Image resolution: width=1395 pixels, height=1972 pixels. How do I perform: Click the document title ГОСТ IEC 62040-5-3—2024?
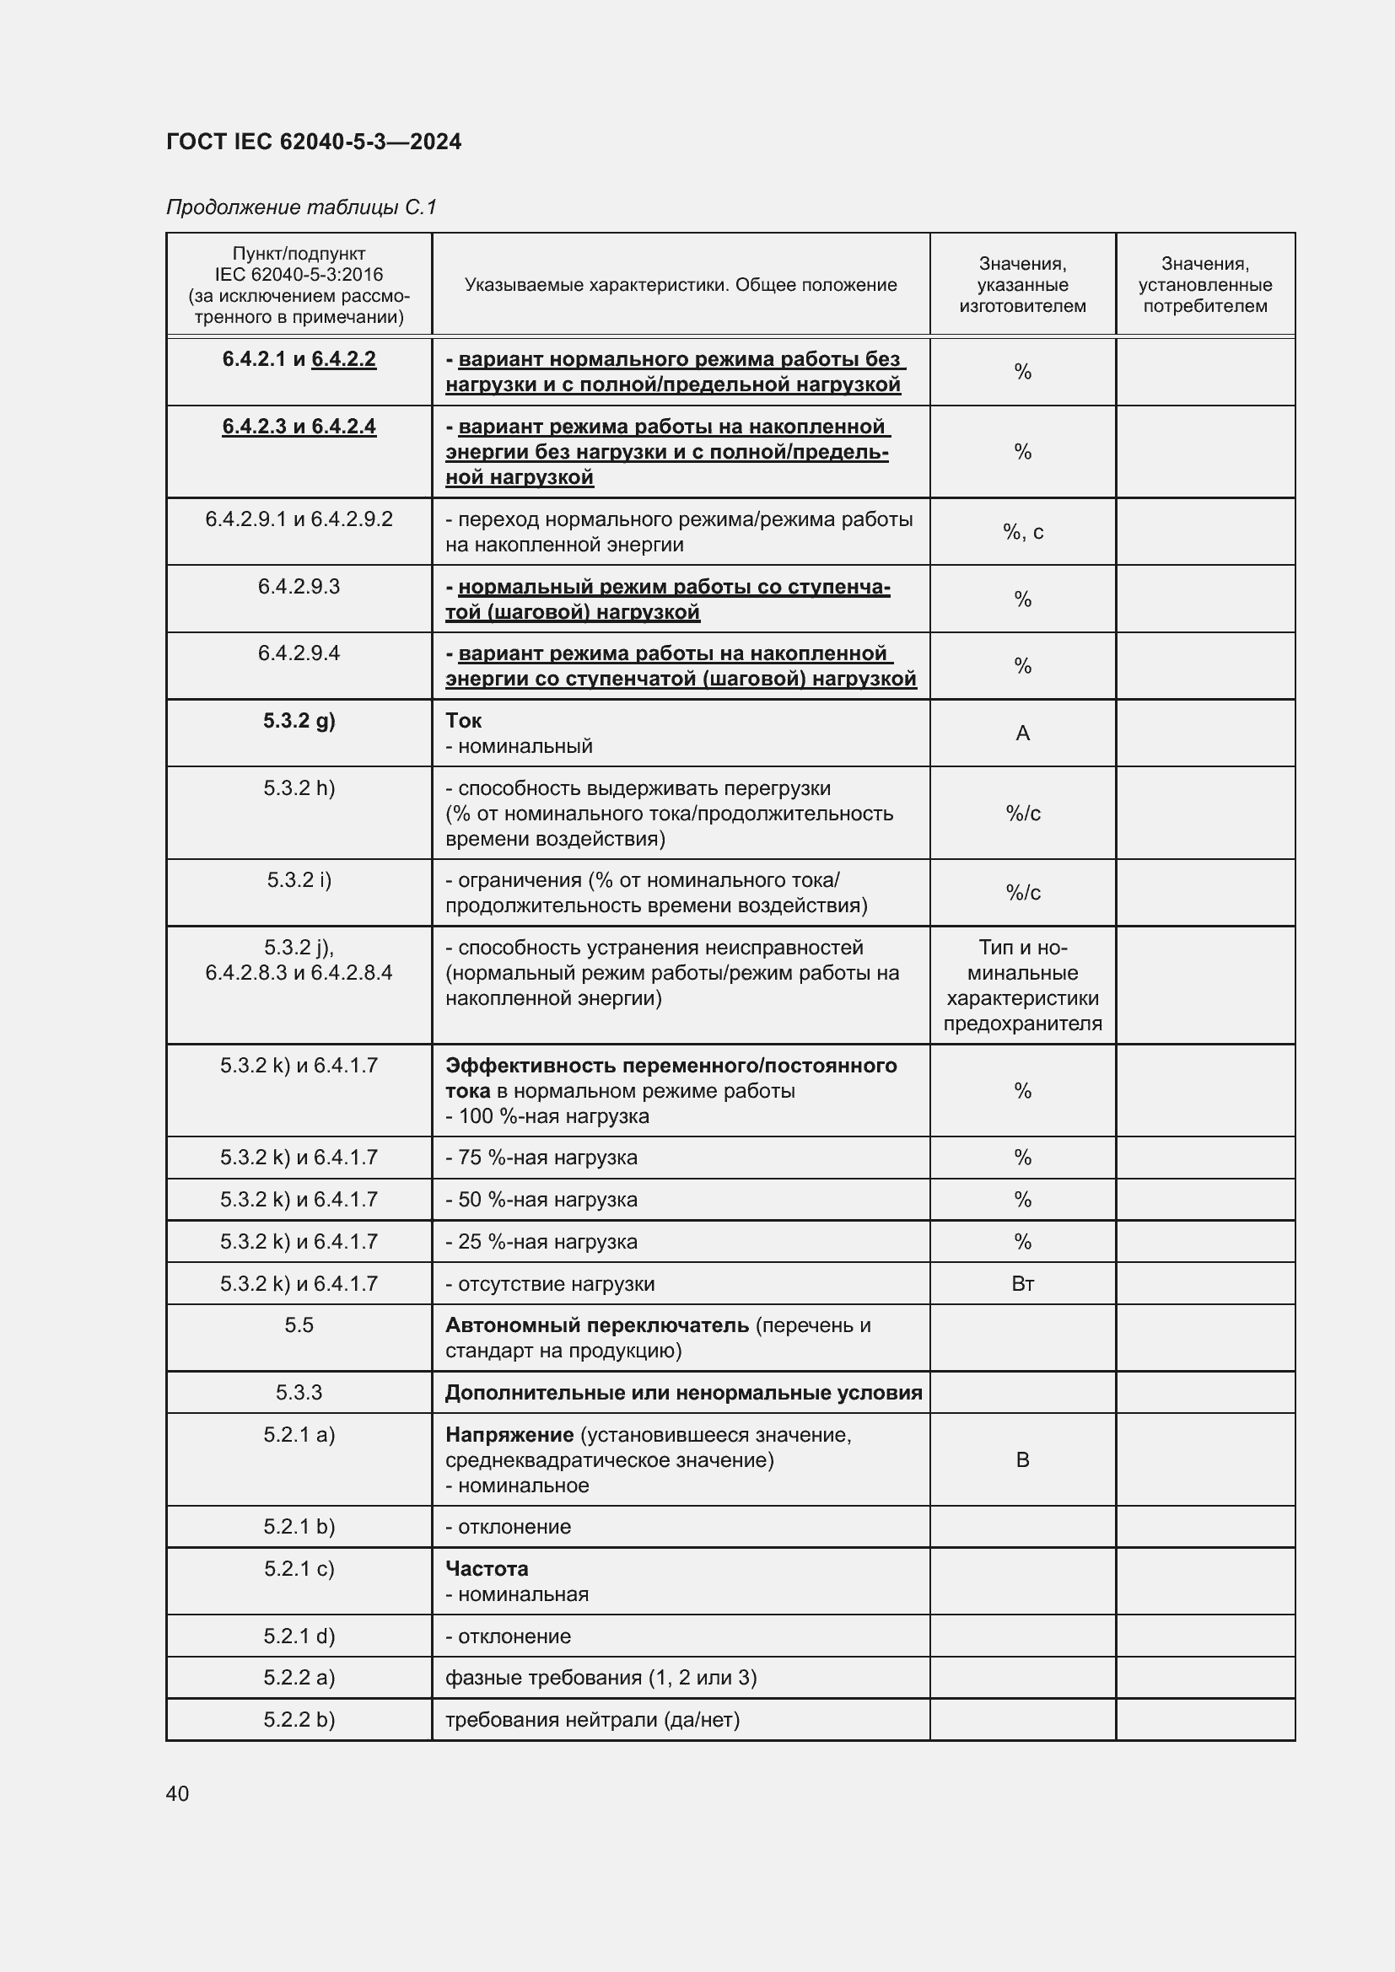coord(314,142)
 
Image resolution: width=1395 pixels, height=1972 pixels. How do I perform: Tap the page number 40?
coord(178,1793)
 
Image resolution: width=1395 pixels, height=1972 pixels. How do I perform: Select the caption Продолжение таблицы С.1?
coord(301,207)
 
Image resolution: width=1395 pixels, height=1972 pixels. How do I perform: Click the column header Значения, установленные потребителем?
coord(1204,284)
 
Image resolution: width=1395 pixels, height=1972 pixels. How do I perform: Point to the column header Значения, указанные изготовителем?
coord(1022,284)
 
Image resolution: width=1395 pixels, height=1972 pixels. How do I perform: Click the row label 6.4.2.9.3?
coord(299,587)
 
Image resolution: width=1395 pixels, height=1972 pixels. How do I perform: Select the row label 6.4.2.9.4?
coord(299,653)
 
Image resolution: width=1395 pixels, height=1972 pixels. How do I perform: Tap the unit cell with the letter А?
coord(1022,733)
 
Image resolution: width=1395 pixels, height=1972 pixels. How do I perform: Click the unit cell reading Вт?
coord(1022,1283)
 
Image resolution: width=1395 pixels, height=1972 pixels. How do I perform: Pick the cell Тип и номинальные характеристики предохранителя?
coord(1022,985)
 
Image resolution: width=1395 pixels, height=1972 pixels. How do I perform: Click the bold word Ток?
coord(463,721)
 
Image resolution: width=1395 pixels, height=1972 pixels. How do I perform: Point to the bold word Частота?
coord(486,1568)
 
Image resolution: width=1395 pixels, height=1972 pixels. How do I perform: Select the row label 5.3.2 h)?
coord(299,788)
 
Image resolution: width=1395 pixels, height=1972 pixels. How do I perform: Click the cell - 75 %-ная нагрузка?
coord(541,1157)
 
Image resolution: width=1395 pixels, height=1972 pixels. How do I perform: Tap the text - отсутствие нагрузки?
coord(550,1284)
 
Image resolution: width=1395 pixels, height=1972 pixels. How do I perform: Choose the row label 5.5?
coord(299,1325)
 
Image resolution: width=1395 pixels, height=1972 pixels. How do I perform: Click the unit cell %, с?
coord(1022,532)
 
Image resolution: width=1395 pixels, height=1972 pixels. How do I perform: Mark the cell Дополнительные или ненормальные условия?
coord(683,1392)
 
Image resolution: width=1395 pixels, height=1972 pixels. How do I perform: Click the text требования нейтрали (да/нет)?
coord(592,1719)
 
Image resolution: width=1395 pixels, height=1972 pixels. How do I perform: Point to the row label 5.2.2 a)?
coord(299,1678)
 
